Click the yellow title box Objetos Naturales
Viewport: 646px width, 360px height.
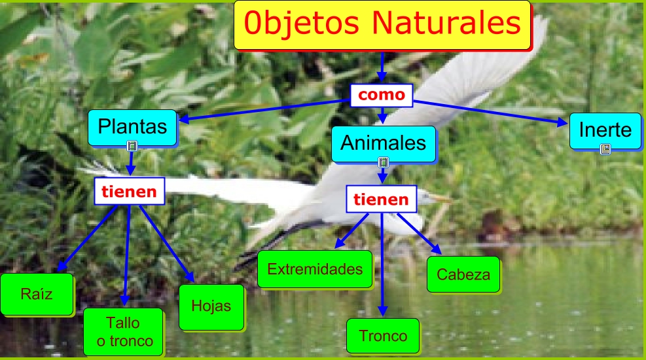tap(382, 26)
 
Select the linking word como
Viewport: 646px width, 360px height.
tap(382, 95)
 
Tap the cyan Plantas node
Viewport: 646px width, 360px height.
tap(132, 127)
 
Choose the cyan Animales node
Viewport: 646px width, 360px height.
tap(384, 144)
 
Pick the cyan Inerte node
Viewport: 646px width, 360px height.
tap(605, 130)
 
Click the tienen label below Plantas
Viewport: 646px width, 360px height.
tap(130, 191)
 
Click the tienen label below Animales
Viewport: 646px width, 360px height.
tap(382, 200)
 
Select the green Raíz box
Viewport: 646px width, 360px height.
tap(37, 294)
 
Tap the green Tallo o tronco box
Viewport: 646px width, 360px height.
tap(123, 332)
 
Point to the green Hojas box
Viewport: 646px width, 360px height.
tap(211, 307)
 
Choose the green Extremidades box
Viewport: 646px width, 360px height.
tap(315, 269)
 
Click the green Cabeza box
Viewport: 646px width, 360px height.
tap(463, 274)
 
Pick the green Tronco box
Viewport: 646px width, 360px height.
tap(383, 336)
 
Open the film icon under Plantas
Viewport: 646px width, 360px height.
tap(132, 146)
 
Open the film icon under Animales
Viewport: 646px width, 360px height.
tap(383, 162)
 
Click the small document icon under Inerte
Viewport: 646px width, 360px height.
tap(605, 149)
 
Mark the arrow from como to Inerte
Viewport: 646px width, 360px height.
tap(490, 112)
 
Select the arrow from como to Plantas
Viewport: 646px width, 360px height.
tap(264, 110)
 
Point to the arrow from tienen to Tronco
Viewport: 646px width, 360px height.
tap(382, 264)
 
